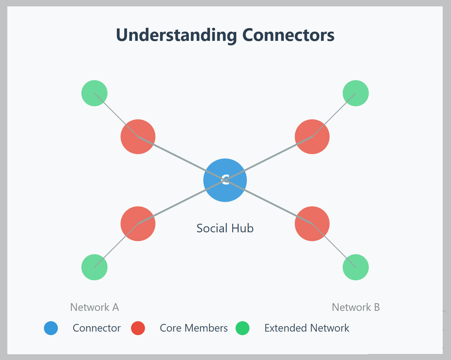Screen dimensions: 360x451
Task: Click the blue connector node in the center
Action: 225,180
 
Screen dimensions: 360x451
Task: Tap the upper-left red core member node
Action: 138,137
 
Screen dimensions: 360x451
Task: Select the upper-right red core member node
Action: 312,137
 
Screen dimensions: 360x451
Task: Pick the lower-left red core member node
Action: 138,224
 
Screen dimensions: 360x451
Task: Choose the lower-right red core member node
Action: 312,224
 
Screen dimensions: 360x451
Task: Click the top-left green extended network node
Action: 95,93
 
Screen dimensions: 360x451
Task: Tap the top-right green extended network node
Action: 355,93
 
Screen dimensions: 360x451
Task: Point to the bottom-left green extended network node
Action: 95,267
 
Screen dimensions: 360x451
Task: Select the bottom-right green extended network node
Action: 355,267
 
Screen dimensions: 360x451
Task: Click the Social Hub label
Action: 225,229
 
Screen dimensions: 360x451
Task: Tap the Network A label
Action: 95,307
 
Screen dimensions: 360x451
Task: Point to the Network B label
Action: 355,307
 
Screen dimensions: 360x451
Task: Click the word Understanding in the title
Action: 176,35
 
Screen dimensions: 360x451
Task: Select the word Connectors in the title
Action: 288,35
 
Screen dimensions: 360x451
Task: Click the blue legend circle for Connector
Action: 51,328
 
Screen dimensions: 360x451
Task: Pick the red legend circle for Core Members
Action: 138,328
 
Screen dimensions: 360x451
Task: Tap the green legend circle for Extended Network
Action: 242,328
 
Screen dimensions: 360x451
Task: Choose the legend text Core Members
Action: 194,328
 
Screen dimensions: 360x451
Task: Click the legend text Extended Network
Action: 307,328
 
